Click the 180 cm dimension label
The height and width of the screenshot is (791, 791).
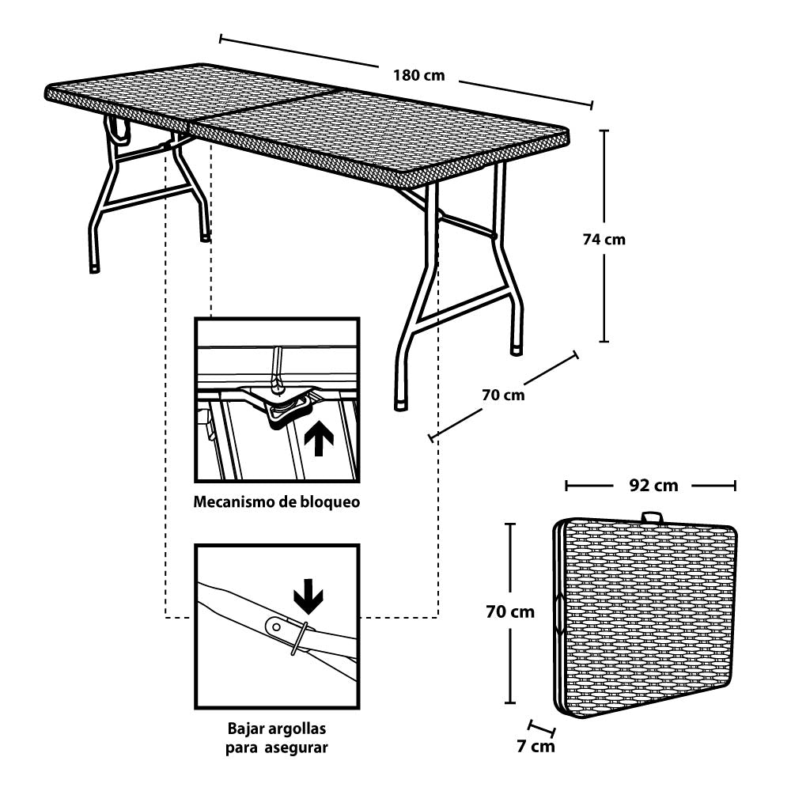click(x=418, y=76)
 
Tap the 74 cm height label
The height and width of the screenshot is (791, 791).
click(x=604, y=239)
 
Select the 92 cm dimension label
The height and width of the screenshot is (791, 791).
click(x=653, y=485)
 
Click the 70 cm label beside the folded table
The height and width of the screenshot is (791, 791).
click(x=510, y=611)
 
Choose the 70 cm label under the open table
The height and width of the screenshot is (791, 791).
click(x=503, y=394)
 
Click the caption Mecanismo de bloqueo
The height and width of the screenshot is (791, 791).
click(x=277, y=501)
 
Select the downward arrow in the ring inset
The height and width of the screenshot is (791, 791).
click(x=308, y=598)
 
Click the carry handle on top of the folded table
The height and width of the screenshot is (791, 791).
click(x=653, y=517)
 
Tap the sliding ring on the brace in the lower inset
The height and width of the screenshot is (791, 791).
click(x=299, y=638)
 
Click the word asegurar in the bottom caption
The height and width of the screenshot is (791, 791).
click(x=299, y=747)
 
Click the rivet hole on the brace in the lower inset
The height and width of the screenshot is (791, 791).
click(x=276, y=626)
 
